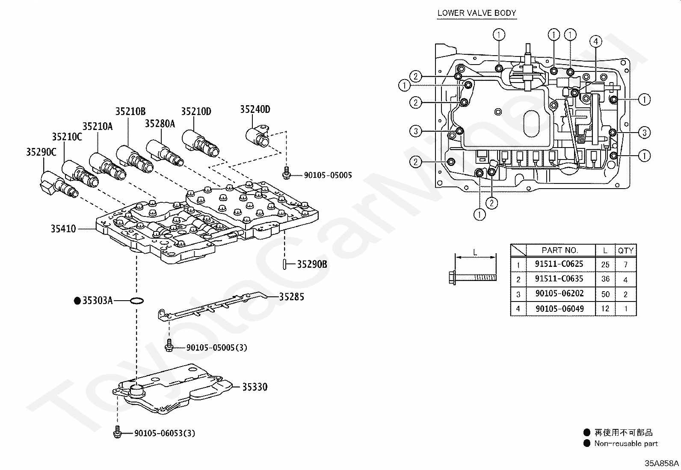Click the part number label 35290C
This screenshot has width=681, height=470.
coord(41,152)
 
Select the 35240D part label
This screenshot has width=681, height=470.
coord(255,109)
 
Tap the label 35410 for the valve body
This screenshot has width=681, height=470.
coord(63,229)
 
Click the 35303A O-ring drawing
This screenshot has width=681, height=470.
coord(137,301)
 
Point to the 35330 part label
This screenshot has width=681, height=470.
coord(255,387)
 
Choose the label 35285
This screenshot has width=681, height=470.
coord(292,297)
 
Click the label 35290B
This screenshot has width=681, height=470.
coord(312,264)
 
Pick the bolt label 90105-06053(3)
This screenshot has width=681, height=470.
coord(165,433)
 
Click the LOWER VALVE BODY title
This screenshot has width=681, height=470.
coord(477,13)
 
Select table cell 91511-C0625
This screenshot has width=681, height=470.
coord(559,264)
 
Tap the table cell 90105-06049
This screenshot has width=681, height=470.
coord(560,309)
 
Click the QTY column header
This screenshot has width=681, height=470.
coord(626,251)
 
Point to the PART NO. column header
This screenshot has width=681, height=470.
coord(560,250)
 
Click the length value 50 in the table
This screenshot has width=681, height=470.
coord(605,294)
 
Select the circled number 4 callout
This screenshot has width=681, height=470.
coord(595,41)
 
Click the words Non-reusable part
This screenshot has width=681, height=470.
coord(626,443)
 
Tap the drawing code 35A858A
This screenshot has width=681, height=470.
coord(662,463)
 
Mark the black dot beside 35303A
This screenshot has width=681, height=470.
coord(77,301)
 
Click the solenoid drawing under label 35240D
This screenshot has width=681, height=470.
coord(257,136)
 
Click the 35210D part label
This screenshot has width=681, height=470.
coord(196,112)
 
